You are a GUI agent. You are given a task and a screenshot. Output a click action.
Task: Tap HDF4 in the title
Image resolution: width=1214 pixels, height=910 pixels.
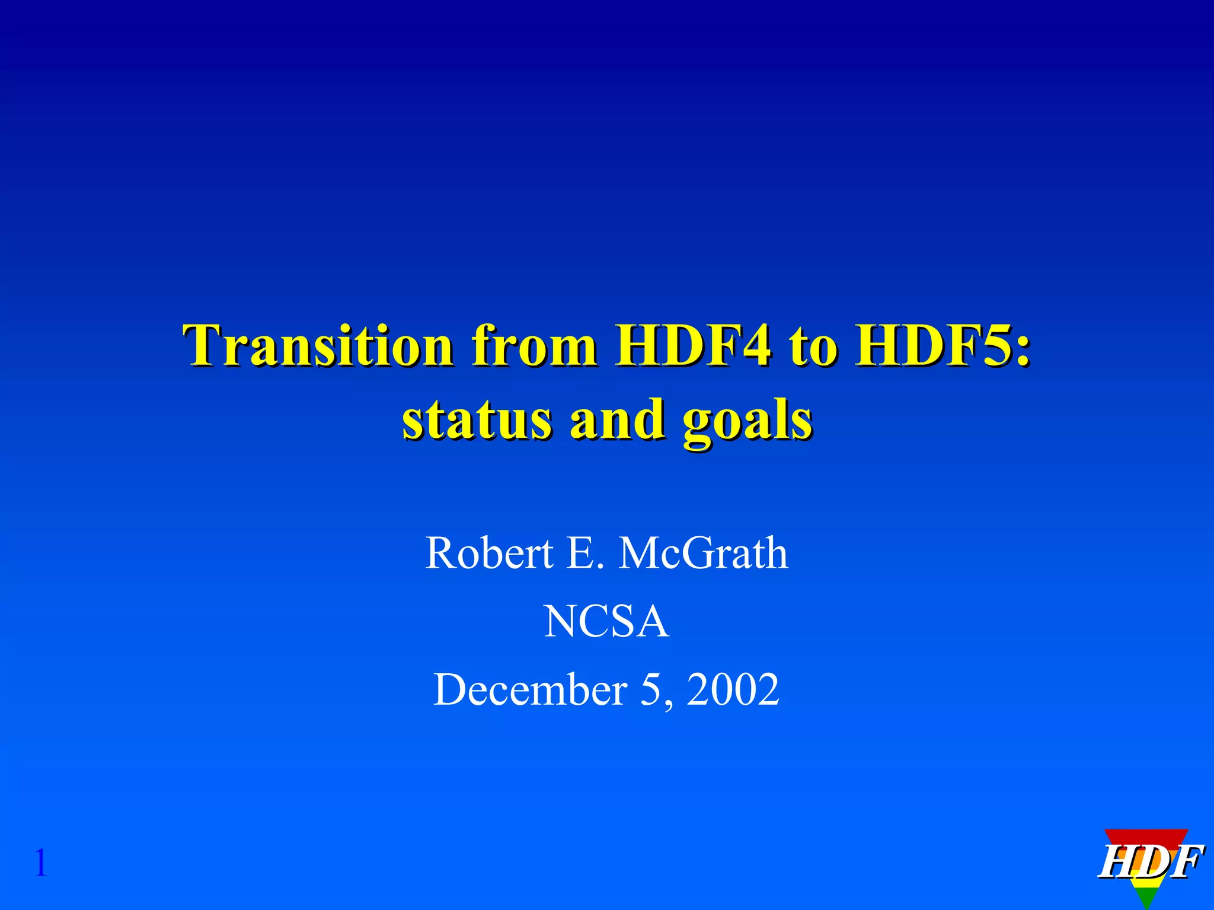pos(693,346)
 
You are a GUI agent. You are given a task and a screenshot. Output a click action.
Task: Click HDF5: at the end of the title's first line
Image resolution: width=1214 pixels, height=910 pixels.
pos(942,346)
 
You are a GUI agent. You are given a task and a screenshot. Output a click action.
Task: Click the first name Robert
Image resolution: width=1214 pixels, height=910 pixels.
pos(489,553)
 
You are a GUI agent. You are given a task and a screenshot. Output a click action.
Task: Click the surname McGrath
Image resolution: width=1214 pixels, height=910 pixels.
pos(704,553)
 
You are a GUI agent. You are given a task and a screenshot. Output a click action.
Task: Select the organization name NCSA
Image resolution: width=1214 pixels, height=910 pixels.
pos(606,622)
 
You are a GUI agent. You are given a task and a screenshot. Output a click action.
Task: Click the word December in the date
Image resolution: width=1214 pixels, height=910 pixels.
pos(531,690)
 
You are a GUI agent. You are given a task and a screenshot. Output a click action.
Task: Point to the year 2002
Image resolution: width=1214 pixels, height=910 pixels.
pos(733,690)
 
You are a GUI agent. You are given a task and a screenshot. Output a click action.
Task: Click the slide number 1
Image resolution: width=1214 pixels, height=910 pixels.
pos(40,863)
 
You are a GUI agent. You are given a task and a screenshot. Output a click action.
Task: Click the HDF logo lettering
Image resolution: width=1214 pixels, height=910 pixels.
pos(1150,863)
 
